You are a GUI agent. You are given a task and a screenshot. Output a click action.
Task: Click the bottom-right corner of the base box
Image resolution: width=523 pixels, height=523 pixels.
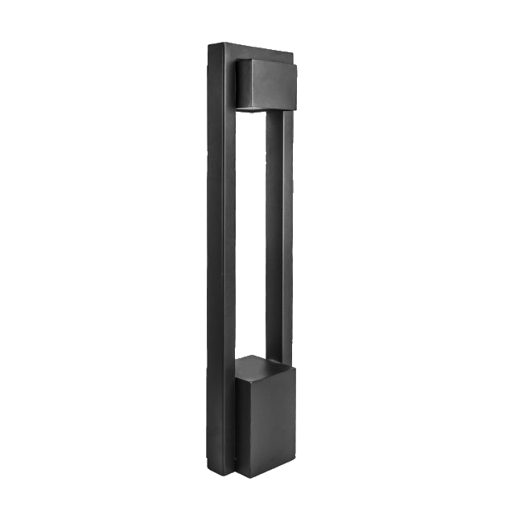pos(295,470)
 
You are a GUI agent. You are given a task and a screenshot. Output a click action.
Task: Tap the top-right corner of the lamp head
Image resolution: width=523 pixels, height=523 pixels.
pos(296,65)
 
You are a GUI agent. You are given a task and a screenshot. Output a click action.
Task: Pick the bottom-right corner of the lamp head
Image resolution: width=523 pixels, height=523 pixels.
pos(296,108)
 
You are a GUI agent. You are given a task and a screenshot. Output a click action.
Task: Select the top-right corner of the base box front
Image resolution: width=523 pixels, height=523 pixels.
pos(295,368)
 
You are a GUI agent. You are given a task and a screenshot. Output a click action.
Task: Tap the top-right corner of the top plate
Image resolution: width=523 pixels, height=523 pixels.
pos(294,56)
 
